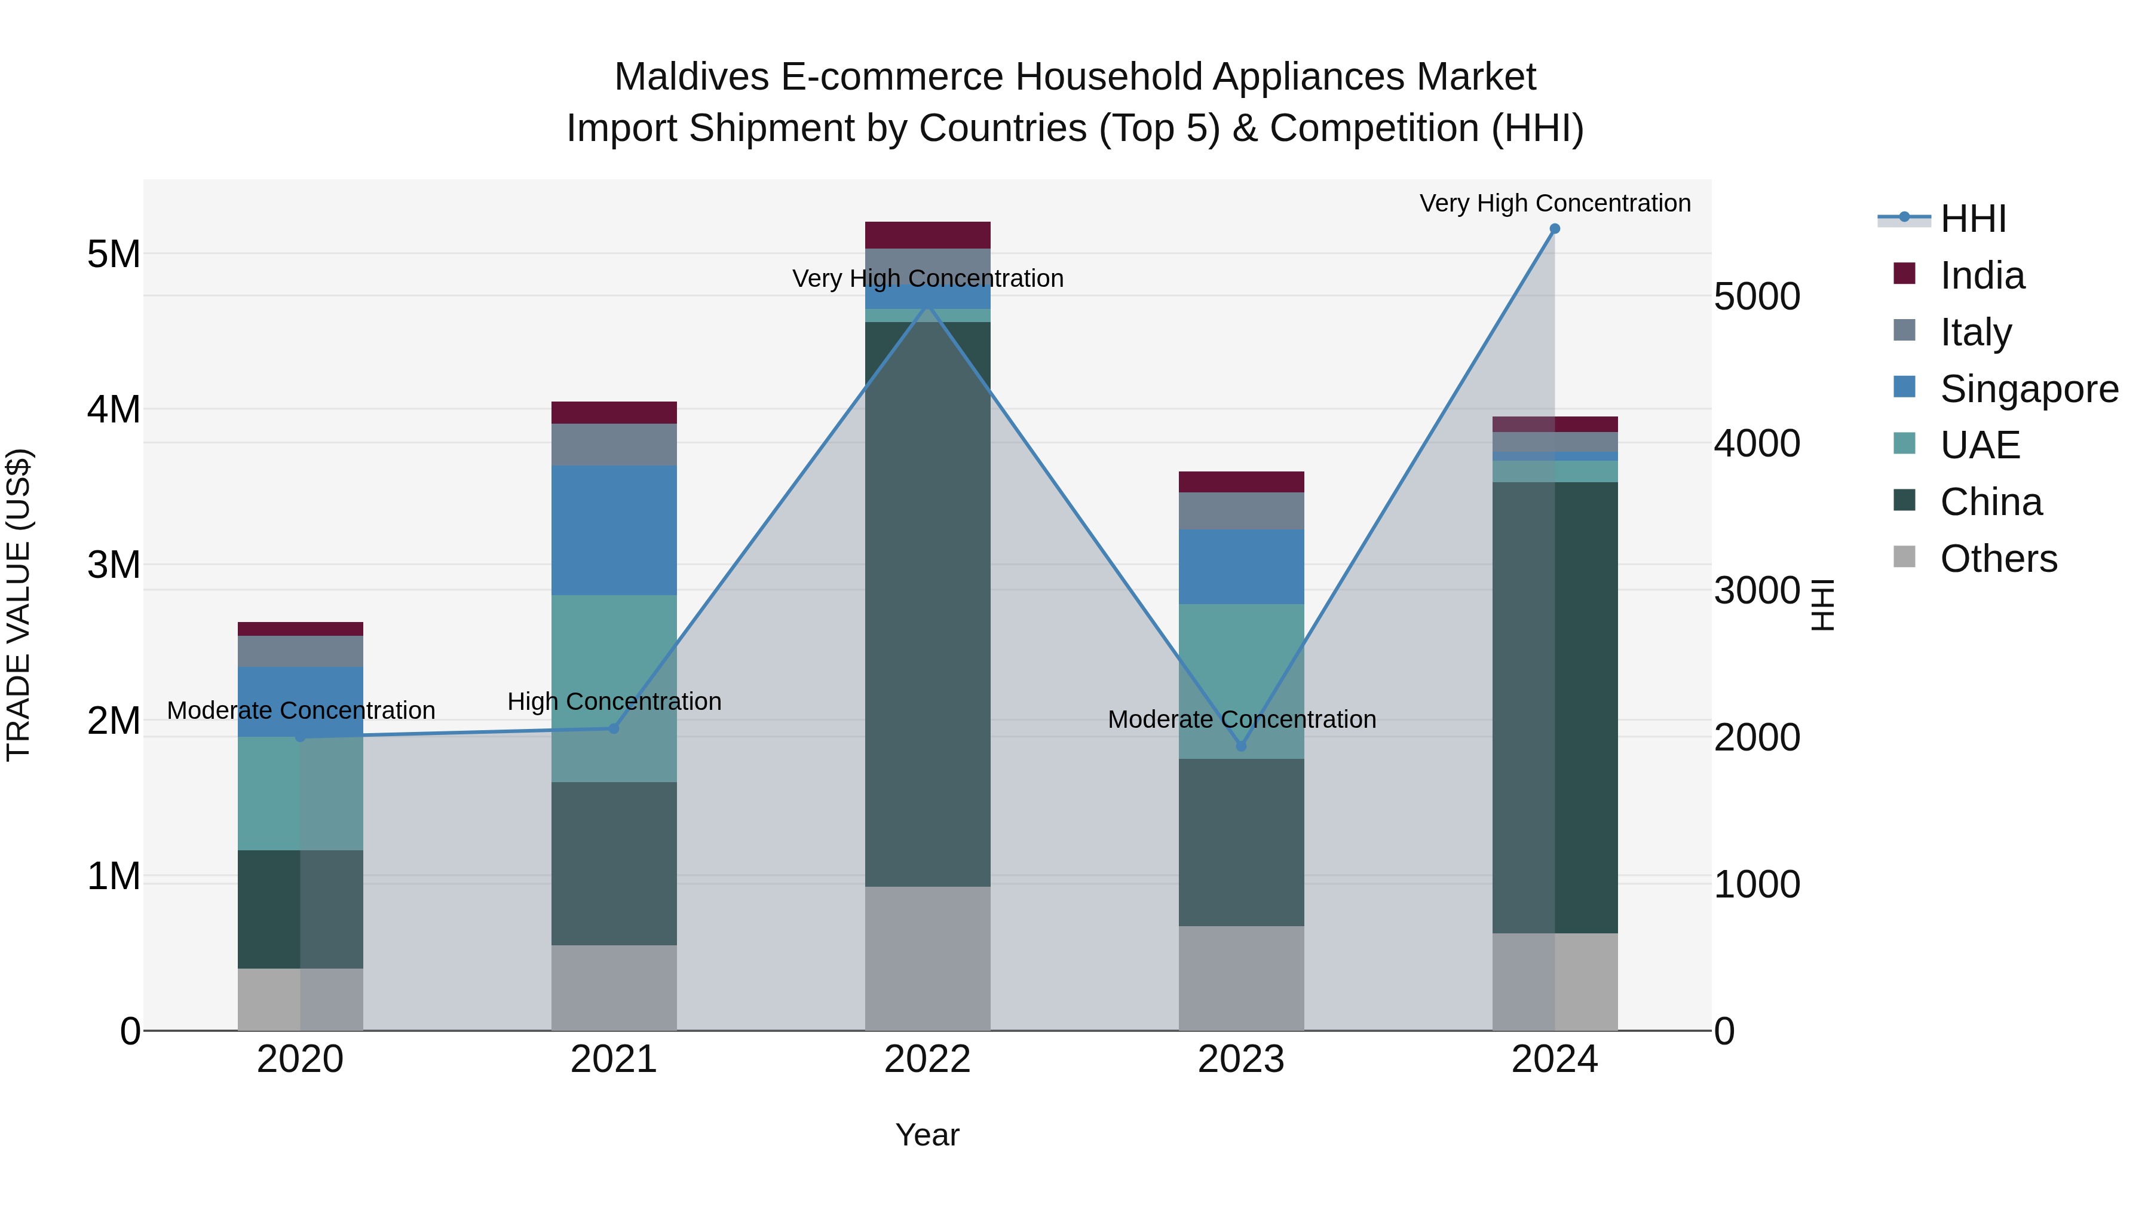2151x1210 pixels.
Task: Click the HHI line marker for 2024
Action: (1554, 229)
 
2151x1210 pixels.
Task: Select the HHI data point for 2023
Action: (1241, 746)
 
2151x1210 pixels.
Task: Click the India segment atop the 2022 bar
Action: (928, 235)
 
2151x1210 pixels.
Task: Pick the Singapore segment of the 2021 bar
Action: (614, 530)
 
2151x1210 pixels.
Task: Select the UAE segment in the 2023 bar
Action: (1241, 681)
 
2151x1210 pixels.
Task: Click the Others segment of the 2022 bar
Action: (928, 958)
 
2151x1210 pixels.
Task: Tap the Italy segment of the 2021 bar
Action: (614, 444)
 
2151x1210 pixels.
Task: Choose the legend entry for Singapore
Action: (2029, 389)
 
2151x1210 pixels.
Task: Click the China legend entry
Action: (1991, 502)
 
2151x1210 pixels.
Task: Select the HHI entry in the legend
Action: (1972, 219)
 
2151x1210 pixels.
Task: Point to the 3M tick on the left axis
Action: (114, 565)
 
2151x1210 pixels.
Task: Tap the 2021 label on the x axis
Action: (614, 1059)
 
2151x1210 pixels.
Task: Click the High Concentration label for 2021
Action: (614, 702)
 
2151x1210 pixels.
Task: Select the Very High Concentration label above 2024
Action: (1554, 203)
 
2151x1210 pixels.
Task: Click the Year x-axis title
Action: (927, 1135)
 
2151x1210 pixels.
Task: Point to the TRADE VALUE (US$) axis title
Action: (19, 605)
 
